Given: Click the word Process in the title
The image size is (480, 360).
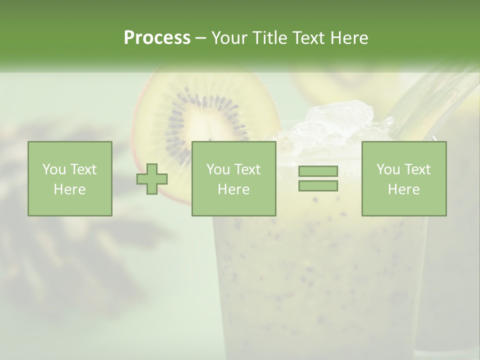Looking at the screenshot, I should (x=157, y=38).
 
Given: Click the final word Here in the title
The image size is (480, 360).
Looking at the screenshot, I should (x=350, y=38).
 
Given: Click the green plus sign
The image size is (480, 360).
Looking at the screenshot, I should (x=152, y=179).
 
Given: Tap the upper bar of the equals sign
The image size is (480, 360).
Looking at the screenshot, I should (x=318, y=171).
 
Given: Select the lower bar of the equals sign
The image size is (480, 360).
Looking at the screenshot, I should (x=318, y=185).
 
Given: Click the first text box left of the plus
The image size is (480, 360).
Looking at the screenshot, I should (x=69, y=179).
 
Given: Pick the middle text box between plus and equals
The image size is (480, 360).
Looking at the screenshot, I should (x=233, y=179).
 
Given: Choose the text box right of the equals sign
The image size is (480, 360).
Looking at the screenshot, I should (x=403, y=179).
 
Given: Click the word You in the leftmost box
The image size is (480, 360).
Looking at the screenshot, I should (x=54, y=169).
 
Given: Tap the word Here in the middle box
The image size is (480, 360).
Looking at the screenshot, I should (x=233, y=189).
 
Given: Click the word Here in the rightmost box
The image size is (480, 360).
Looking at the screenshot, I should (x=403, y=189).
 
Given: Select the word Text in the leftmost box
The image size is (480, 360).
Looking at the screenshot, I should (x=83, y=169).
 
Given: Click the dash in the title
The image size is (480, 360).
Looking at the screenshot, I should (x=201, y=38).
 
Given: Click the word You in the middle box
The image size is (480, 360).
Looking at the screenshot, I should (x=218, y=169).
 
